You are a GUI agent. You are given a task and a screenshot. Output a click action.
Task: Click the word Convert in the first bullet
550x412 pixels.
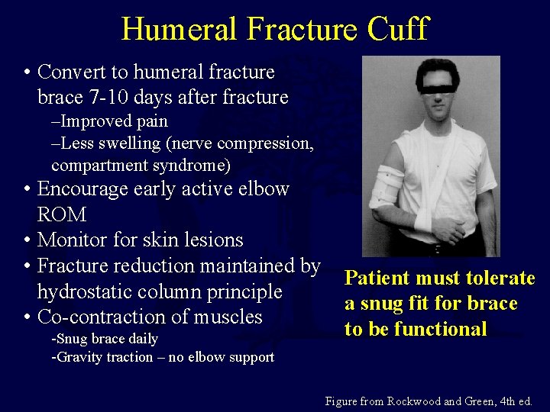tap(73, 72)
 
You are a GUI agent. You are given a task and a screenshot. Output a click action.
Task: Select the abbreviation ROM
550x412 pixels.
tap(62, 214)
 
